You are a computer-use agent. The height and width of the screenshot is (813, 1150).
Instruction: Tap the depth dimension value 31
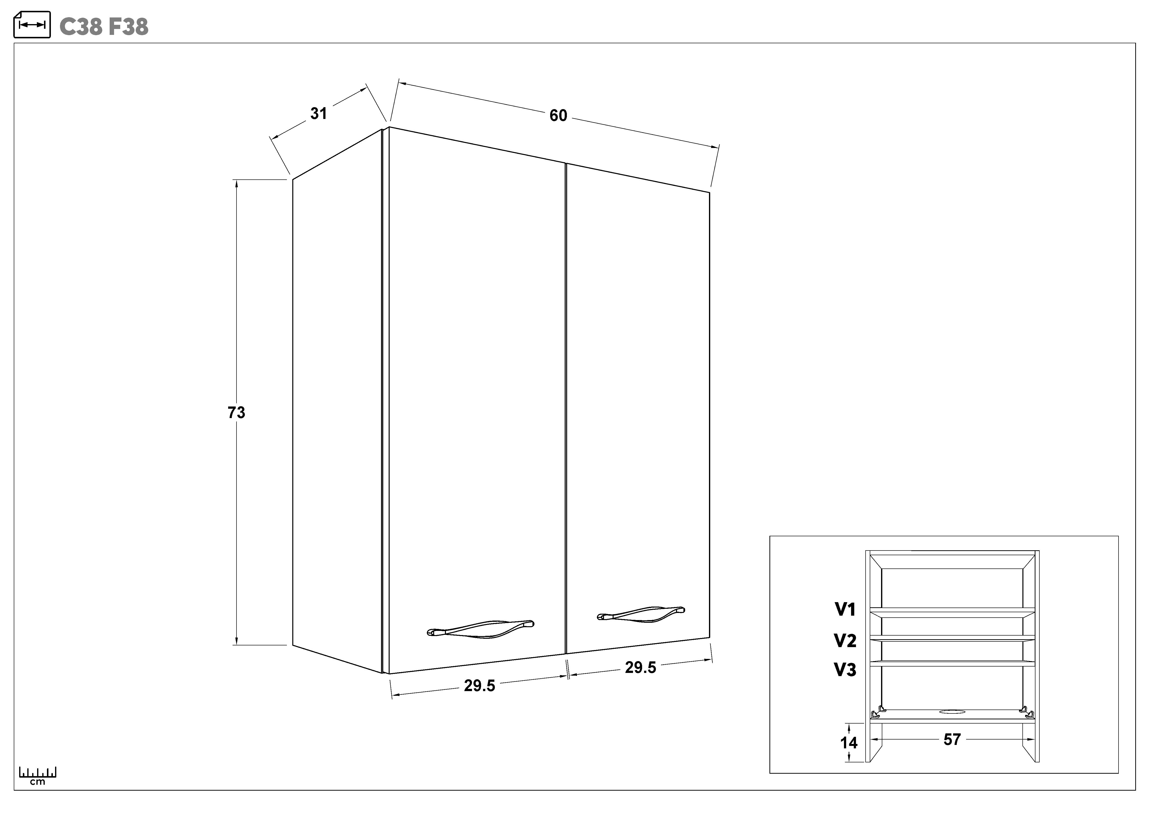[319, 114]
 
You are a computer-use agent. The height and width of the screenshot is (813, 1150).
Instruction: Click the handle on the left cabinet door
[480, 629]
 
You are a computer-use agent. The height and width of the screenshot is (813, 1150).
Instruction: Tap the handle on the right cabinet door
[641, 614]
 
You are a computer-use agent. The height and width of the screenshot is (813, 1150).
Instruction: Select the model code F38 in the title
[128, 27]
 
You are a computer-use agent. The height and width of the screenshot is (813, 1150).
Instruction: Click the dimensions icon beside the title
[31, 25]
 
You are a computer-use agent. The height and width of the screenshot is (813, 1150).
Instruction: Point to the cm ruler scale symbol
[38, 775]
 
